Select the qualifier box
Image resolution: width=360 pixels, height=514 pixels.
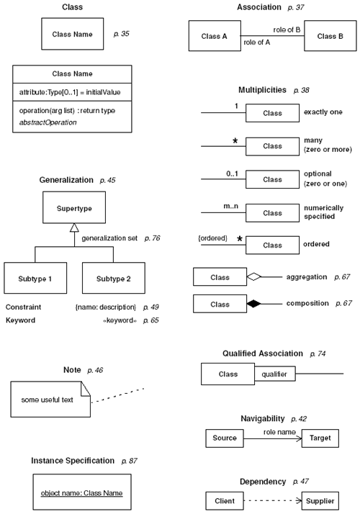(x=274, y=374)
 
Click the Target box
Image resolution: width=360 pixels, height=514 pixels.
(x=319, y=437)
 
